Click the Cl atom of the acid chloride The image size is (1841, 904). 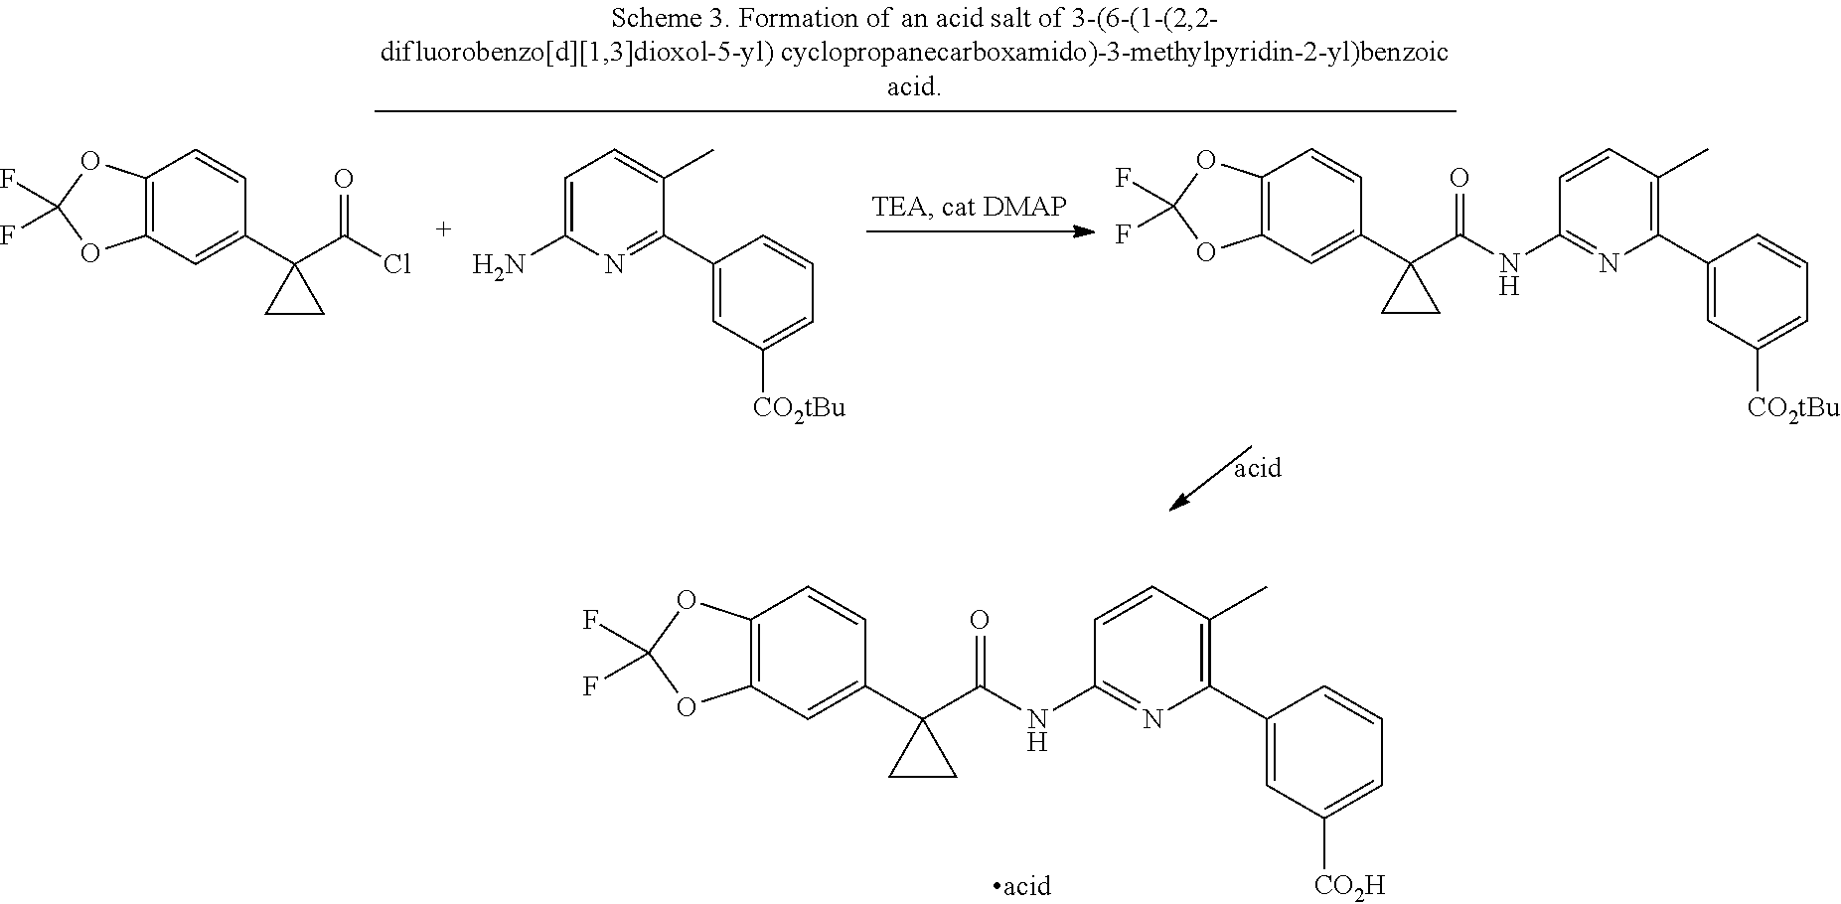[x=396, y=265]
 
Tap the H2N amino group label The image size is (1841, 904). [x=497, y=265]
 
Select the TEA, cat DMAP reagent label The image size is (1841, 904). [x=969, y=207]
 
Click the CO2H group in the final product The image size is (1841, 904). [x=1348, y=885]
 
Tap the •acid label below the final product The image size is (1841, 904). [x=1022, y=885]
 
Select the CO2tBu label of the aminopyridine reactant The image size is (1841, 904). [x=799, y=407]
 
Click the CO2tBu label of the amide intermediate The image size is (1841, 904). [x=1793, y=407]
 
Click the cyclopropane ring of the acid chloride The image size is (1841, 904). [x=295, y=294]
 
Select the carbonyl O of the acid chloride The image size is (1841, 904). [x=344, y=179]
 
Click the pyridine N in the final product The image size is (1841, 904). [x=1151, y=718]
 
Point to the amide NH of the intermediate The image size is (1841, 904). [x=1510, y=273]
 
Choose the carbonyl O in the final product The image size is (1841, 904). [x=980, y=620]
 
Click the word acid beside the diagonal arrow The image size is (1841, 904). [x=1257, y=467]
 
